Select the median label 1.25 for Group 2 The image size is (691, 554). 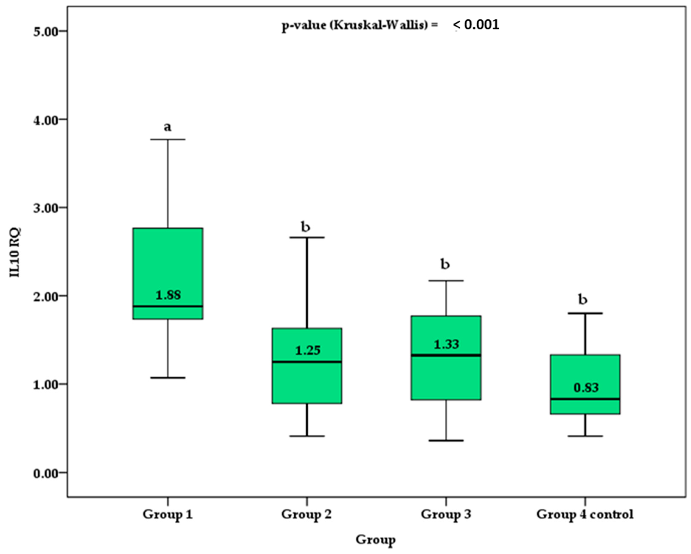click(308, 350)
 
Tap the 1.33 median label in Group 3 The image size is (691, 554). click(446, 344)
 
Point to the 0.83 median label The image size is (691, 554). click(586, 388)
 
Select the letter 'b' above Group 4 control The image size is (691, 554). click(583, 300)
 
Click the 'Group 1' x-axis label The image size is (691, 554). click(168, 514)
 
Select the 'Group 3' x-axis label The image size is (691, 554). click(446, 514)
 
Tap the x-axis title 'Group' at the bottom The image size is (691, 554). click(375, 540)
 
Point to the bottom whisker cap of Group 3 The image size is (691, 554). click(446, 440)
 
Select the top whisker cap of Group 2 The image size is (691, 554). click(307, 237)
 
